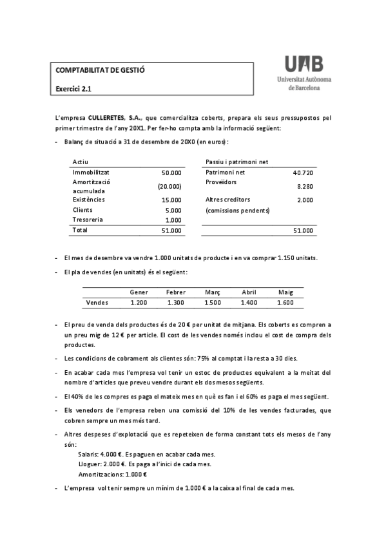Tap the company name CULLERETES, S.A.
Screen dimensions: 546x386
[x=115, y=118]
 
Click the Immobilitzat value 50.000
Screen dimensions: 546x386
[x=171, y=173]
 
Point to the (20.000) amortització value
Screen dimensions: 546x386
[x=169, y=186]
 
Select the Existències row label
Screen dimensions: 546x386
[x=89, y=200]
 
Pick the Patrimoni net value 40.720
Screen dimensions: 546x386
[x=303, y=173]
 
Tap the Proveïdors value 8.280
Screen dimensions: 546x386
[x=305, y=186]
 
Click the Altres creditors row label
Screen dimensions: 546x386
[x=227, y=200]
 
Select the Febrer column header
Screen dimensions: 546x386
[x=175, y=292]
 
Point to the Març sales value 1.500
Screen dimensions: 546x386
[x=212, y=302]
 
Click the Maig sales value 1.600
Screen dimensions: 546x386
[x=285, y=302]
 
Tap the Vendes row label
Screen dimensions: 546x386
[x=97, y=302]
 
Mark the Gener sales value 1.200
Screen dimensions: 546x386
[x=139, y=302]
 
